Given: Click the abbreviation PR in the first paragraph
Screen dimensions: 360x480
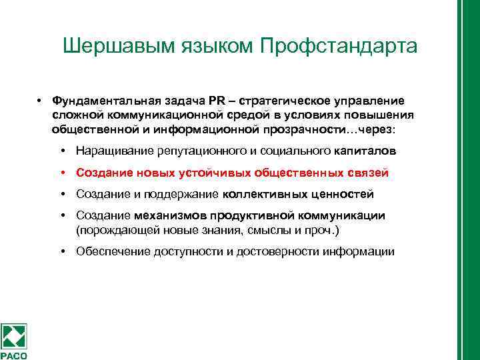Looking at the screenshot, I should pos(217,101).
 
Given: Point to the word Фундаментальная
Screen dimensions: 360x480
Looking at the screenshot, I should pos(101,101).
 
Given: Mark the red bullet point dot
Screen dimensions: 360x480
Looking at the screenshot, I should pos(61,172).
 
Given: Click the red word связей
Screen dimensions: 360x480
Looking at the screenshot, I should pos(367,173).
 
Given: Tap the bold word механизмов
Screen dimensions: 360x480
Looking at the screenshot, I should pos(171,215).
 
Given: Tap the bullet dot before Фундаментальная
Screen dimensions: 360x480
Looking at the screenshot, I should pos(41,101).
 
